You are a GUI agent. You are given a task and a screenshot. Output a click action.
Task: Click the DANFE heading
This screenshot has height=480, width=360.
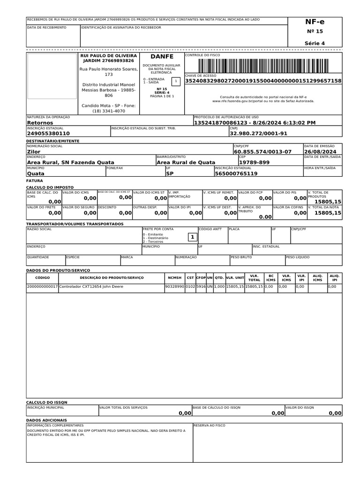(161, 56)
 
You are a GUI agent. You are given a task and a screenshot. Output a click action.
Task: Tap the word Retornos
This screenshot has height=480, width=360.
(40, 122)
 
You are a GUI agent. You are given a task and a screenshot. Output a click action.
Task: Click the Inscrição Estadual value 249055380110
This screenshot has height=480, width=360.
(48, 134)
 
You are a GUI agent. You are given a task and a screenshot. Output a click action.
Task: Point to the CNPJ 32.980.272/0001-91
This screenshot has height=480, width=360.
(258, 134)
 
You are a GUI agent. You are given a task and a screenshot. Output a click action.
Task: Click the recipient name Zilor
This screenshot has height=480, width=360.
(34, 152)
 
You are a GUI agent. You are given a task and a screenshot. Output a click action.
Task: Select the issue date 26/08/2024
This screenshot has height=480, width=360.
(320, 152)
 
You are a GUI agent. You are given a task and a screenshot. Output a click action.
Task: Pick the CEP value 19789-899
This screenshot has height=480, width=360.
(254, 163)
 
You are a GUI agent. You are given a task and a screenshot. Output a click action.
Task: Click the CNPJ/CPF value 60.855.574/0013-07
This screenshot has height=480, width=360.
(262, 152)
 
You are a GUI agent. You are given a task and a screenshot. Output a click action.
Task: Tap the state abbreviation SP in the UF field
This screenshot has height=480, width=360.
(170, 173)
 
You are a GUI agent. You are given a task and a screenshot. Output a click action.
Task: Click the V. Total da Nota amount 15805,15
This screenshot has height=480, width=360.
(328, 213)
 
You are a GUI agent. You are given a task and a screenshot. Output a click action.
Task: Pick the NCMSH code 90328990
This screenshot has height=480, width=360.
(174, 286)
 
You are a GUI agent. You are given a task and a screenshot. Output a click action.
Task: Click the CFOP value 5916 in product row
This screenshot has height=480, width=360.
(201, 286)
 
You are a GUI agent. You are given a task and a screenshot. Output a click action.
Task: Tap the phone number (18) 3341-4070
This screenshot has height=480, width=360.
(109, 111)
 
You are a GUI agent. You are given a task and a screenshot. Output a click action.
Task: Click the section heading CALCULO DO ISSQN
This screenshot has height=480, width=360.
(47, 402)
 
